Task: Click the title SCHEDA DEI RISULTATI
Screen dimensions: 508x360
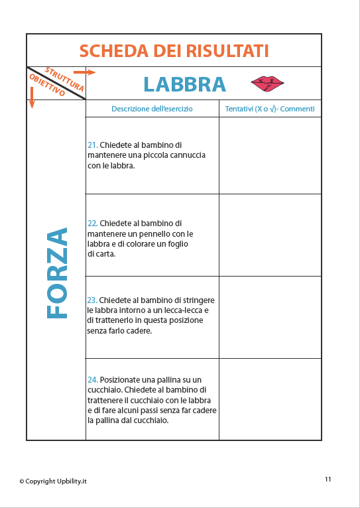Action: tap(174, 51)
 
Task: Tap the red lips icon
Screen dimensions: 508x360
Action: tap(267, 84)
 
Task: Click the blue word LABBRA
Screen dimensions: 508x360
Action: tap(184, 84)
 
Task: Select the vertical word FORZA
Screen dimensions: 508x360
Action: tap(58, 273)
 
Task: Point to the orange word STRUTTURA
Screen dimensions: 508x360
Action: tap(64, 78)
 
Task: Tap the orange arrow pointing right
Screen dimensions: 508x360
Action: tap(84, 72)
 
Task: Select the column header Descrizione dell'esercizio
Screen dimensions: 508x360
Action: tap(152, 109)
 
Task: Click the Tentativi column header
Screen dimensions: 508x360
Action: tap(269, 109)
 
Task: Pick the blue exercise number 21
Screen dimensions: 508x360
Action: tap(92, 145)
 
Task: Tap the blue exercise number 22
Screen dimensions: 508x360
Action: tap(92, 223)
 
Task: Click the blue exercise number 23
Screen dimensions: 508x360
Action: tap(92, 300)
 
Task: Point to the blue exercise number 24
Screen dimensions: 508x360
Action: tap(92, 380)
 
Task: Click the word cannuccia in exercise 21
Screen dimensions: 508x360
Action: tap(186, 155)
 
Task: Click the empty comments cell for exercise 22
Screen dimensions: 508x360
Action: tap(269, 235)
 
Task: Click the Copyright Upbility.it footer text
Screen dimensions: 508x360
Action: tap(53, 481)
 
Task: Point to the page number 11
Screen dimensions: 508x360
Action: tap(328, 479)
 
